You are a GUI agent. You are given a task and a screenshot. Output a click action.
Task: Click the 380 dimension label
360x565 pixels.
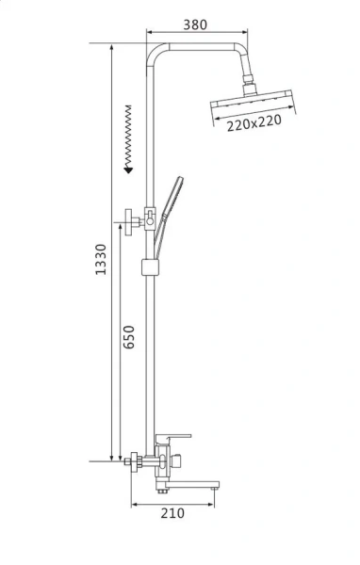(195, 24)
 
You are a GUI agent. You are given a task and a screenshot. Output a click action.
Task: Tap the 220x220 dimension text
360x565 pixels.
(254, 122)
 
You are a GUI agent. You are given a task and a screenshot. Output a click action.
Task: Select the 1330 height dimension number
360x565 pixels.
(101, 260)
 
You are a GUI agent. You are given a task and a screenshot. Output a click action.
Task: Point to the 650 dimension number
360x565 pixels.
(129, 337)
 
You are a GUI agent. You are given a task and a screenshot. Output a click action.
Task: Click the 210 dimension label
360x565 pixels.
(172, 513)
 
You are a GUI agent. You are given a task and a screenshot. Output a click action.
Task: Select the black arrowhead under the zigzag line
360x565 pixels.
(128, 169)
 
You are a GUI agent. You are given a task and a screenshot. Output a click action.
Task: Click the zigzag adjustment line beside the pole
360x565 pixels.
(128, 137)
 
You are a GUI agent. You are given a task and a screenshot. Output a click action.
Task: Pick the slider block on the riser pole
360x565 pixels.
(150, 267)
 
